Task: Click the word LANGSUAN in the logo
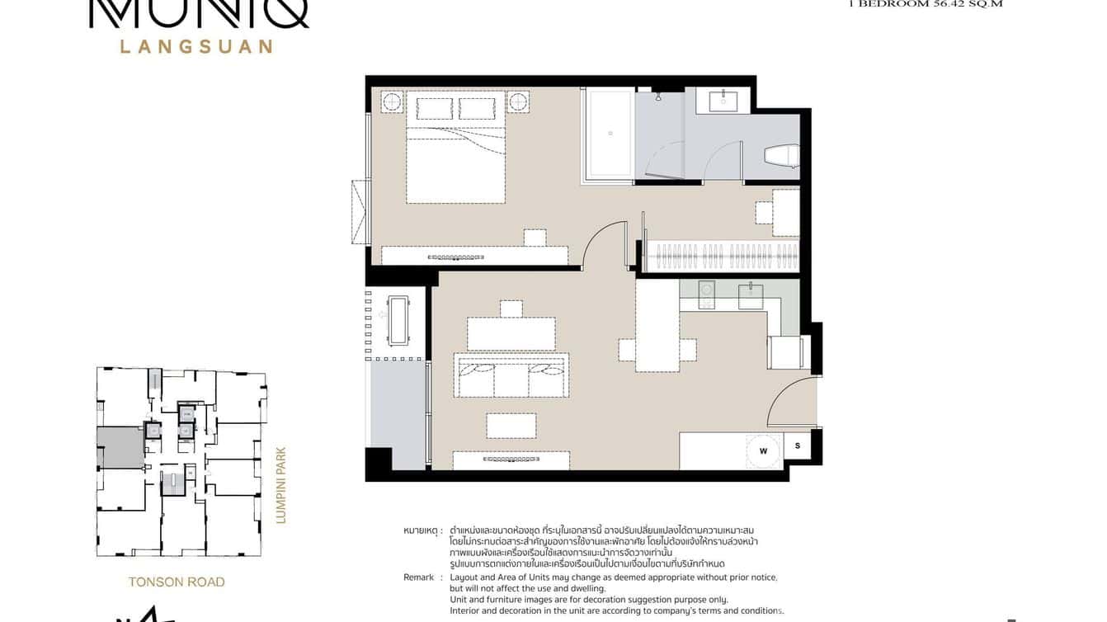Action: click(x=196, y=46)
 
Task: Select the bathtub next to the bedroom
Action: click(x=609, y=133)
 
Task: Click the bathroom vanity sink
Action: click(x=728, y=101)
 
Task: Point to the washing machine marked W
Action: click(x=763, y=450)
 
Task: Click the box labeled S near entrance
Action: click(x=798, y=446)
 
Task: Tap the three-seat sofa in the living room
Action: click(x=511, y=376)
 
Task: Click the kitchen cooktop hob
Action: click(x=708, y=295)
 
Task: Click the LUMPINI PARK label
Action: click(x=280, y=486)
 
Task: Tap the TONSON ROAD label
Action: click(x=177, y=582)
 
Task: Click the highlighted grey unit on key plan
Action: click(x=120, y=447)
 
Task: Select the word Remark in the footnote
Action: click(x=418, y=577)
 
